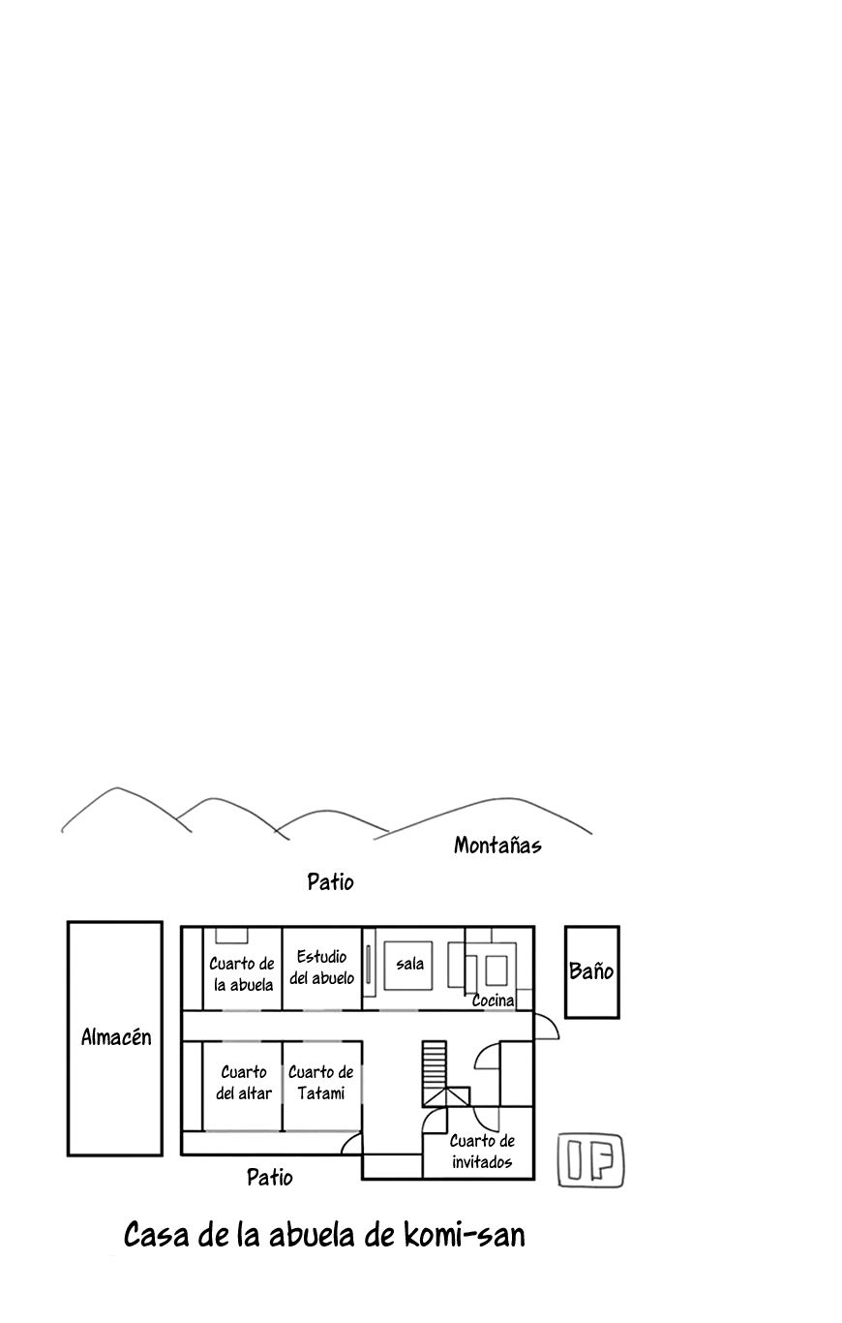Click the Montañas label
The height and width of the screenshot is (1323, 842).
click(497, 846)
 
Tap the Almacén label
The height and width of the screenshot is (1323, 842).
click(116, 1037)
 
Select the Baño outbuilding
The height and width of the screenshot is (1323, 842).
click(591, 971)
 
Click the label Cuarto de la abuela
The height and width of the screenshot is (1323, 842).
click(242, 974)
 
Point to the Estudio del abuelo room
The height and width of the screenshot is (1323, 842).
click(322, 969)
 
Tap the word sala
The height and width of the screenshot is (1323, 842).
click(410, 964)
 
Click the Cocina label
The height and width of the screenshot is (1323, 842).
click(494, 1000)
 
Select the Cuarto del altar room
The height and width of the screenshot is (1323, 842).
click(243, 1086)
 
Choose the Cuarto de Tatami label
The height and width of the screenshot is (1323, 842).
click(321, 1083)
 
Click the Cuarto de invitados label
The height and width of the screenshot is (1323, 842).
click(482, 1152)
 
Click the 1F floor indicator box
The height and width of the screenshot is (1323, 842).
click(590, 1160)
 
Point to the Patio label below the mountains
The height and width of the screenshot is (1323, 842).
click(330, 882)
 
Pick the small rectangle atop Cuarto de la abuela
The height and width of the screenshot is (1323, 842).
click(231, 936)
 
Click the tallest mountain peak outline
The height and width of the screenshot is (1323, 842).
click(117, 788)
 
